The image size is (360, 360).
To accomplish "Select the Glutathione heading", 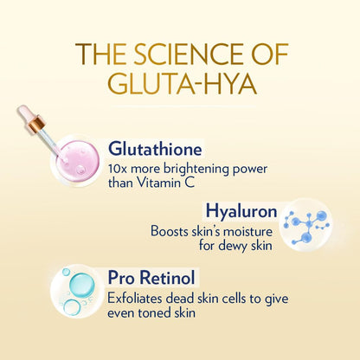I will click(x=155, y=147).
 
